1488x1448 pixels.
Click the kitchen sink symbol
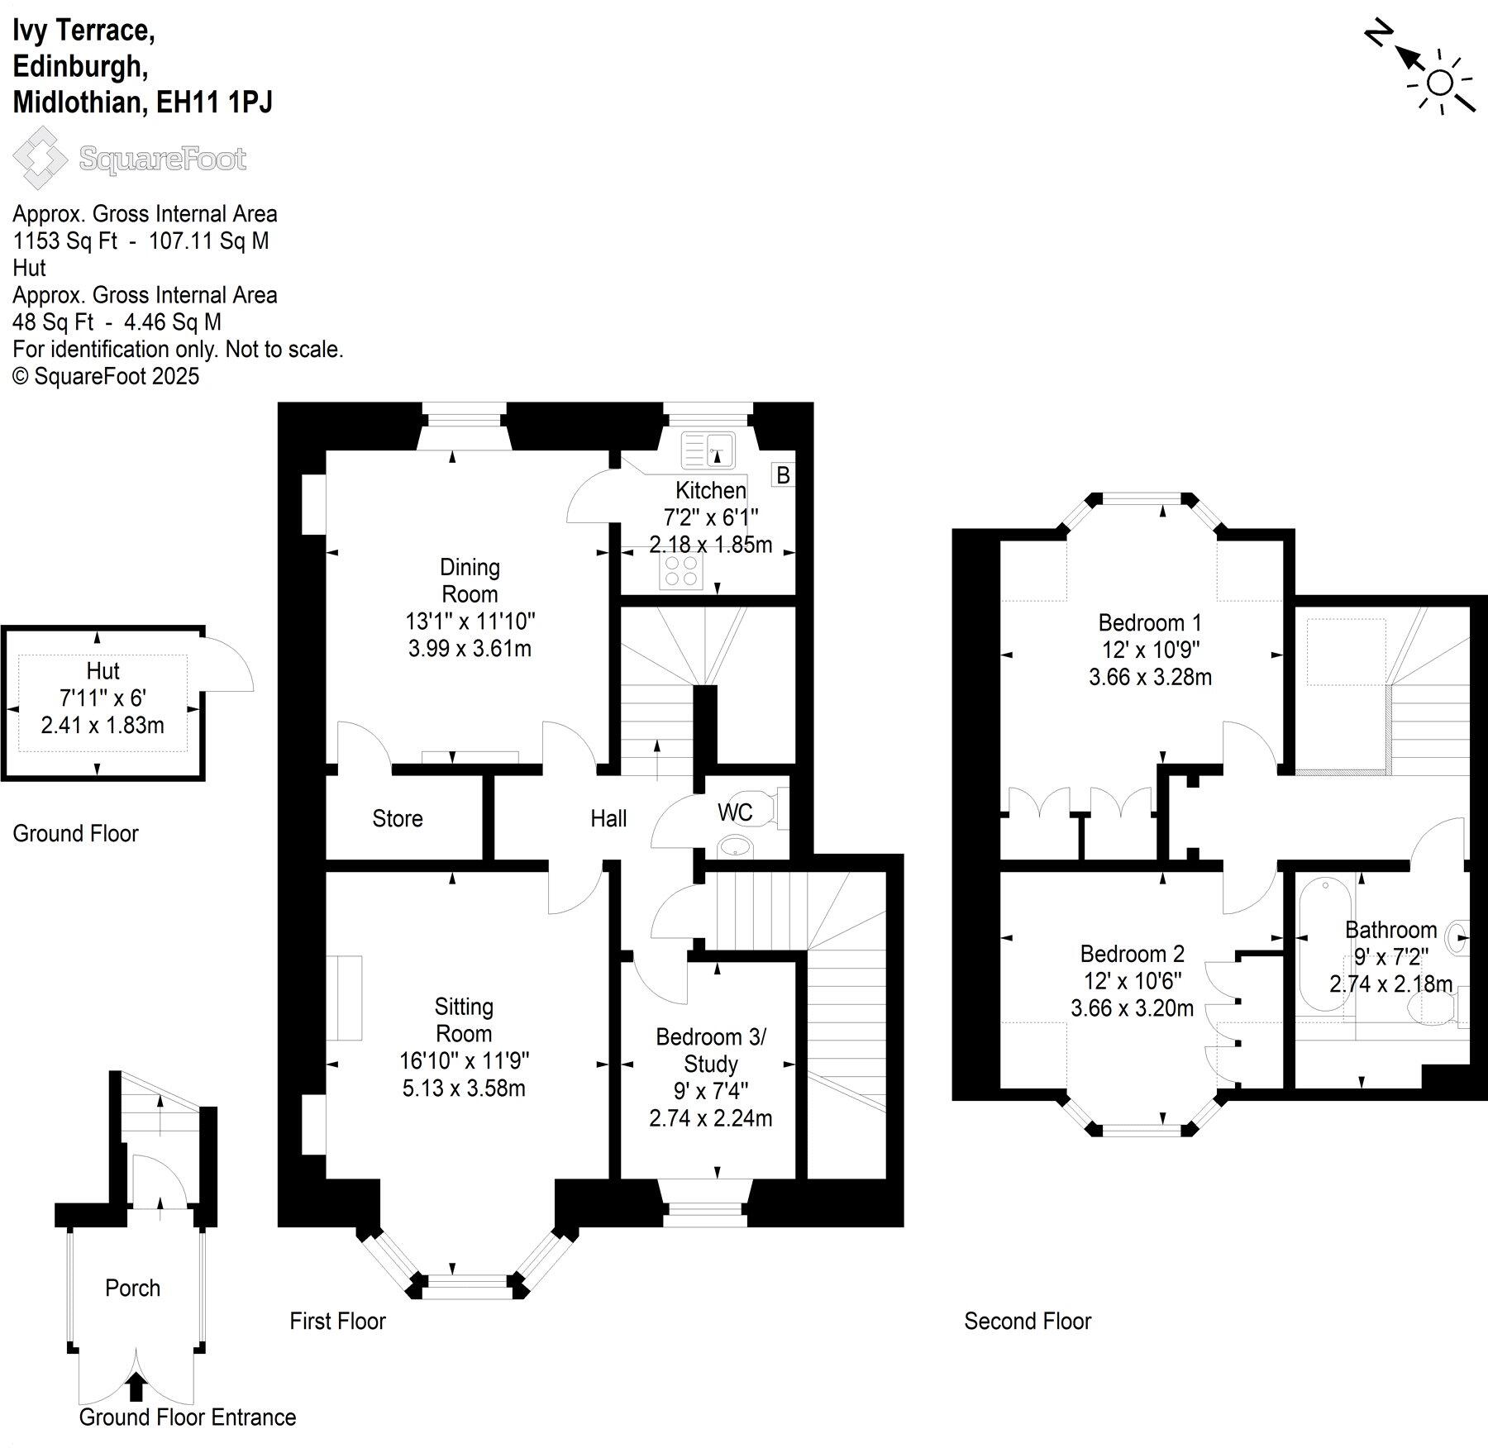pos(708,450)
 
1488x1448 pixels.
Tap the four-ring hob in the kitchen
pos(681,571)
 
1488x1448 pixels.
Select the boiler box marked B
pos(782,475)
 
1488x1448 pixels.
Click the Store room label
pos(398,818)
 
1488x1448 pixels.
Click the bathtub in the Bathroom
pos(1324,945)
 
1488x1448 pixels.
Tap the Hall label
pos(608,818)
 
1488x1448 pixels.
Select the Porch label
pos(132,1288)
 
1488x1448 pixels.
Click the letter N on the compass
pos(1377,36)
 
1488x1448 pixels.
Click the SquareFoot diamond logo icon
pos(39,157)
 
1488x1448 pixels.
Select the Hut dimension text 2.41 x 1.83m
pos(103,725)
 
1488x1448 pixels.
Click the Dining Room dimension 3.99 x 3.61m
pos(470,648)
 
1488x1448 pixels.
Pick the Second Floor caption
pos(1028,1321)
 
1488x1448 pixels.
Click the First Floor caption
pos(337,1321)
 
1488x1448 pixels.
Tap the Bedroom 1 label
pos(1150,622)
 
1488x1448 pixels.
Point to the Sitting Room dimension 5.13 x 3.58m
pos(464,1088)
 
